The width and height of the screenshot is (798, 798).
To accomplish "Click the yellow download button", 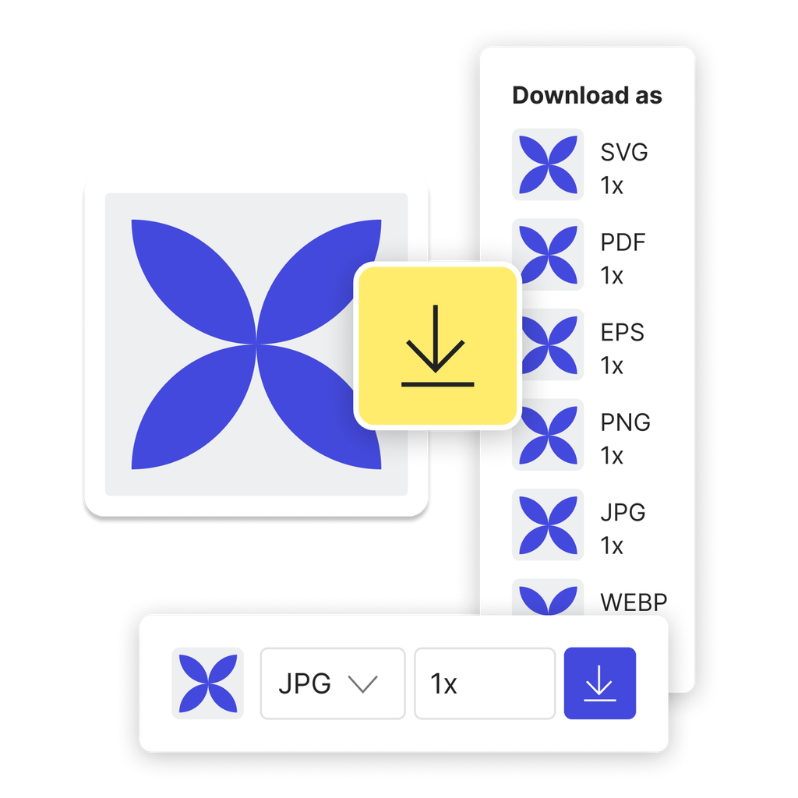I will pos(437,347).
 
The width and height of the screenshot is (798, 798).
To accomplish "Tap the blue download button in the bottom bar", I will pos(599,683).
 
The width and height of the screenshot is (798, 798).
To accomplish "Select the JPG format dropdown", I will pos(332,683).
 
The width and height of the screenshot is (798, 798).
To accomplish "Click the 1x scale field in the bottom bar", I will pos(484,683).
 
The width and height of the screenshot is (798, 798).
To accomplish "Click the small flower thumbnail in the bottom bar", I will pos(207,683).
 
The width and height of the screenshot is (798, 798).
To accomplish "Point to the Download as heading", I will pos(587,96).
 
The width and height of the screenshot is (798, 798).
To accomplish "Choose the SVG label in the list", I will pos(623,152).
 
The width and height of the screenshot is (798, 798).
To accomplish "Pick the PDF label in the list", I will pos(623,242).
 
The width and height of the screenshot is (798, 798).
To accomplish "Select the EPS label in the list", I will pos(622,333).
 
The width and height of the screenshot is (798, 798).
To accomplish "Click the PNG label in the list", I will pos(625,422).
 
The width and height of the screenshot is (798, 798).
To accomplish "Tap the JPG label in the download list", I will pos(623,513).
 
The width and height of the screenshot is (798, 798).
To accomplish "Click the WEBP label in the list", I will pos(634,602).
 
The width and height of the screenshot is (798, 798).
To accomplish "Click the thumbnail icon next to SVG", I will pos(548,164).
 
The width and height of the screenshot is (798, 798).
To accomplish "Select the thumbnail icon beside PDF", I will pos(548,254).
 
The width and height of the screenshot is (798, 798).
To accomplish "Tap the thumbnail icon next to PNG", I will pos(548,434).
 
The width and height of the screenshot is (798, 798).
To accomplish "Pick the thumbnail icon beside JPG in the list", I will pos(548,524).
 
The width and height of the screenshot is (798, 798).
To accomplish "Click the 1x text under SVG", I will pos(612,186).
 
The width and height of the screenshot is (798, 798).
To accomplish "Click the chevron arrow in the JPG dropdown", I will pos(362,684).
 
